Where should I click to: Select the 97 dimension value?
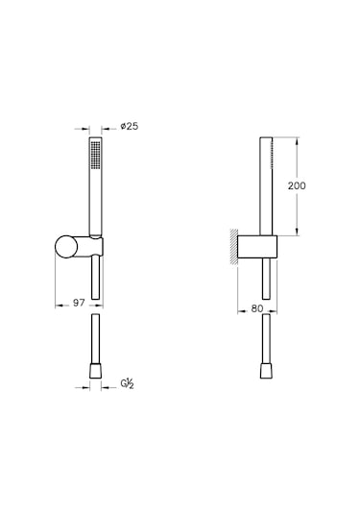(x=81, y=303)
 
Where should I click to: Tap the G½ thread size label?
(x=126, y=384)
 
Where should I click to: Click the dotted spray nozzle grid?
(x=95, y=153)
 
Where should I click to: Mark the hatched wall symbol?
(x=234, y=247)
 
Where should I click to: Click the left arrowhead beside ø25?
(x=84, y=126)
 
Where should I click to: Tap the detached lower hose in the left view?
(x=95, y=336)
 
